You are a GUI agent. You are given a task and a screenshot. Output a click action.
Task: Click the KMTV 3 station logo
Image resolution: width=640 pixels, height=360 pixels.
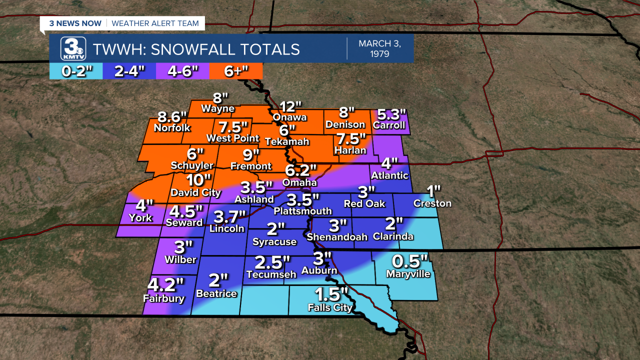[x=73, y=49]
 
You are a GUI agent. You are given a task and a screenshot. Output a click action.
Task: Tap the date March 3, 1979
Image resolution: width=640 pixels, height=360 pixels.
[x=379, y=48]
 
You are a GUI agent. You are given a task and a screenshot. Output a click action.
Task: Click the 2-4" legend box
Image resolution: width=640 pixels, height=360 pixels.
[x=129, y=71]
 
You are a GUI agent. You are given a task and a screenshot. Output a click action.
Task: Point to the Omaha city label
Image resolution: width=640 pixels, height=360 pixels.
[x=299, y=182]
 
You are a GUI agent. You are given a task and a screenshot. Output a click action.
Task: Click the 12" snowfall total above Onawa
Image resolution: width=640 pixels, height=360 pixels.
[x=290, y=106]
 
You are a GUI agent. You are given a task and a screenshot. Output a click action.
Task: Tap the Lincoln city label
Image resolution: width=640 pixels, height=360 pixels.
[x=227, y=228]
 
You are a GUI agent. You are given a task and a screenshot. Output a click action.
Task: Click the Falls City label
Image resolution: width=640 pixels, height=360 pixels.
[x=330, y=307]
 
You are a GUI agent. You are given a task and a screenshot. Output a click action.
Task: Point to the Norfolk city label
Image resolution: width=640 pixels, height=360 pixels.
[x=172, y=127]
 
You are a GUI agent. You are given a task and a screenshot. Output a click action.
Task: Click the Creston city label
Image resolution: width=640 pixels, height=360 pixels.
[x=432, y=203]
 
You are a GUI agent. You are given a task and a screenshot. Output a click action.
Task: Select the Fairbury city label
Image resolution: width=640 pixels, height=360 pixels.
[x=163, y=298]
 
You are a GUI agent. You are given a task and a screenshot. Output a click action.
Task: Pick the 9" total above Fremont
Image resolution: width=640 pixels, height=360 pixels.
[x=251, y=153]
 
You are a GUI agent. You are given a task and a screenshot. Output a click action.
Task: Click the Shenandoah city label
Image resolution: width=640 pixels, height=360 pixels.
[x=337, y=236]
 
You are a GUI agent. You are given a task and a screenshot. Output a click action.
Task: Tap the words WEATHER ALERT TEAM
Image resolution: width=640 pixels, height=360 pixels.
[x=155, y=23]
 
